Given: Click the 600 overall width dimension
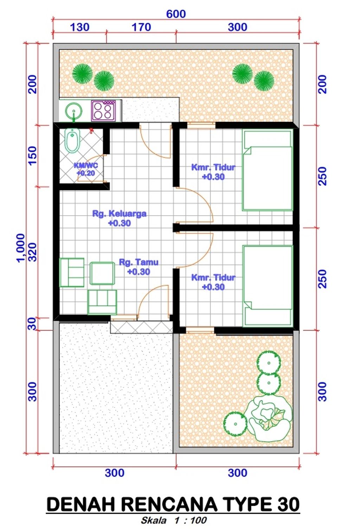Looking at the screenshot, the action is point(176,14).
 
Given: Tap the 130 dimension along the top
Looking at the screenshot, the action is point(80,27).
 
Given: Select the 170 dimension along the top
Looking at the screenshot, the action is point(141,27).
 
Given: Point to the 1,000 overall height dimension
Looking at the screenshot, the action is point(20,248).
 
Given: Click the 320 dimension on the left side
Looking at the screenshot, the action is point(33,252).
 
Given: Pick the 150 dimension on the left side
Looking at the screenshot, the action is point(33,155).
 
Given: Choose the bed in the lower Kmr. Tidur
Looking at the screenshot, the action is point(268,286).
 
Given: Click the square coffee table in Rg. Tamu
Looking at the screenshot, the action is point(102,273).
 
